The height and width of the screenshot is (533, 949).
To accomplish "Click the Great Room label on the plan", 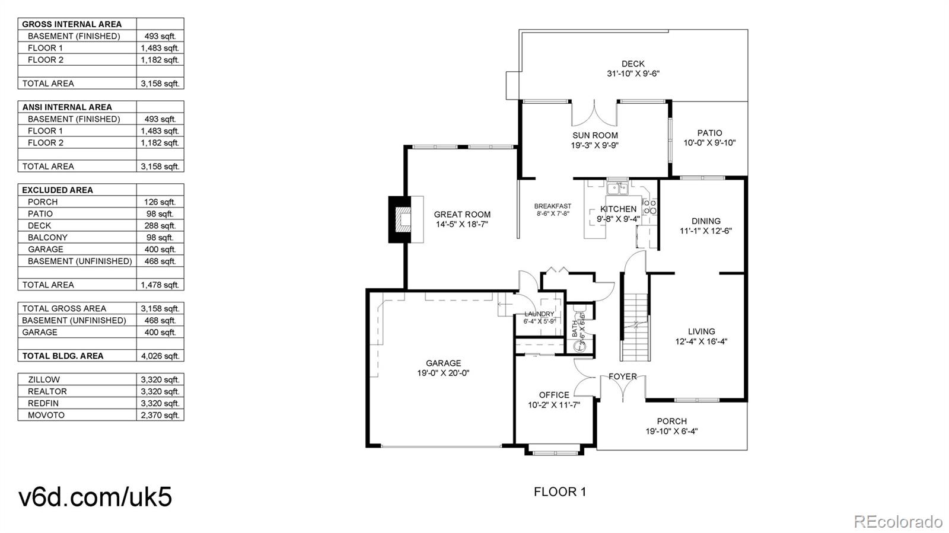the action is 462,214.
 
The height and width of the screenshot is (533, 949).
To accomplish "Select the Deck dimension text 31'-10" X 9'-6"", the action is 633,74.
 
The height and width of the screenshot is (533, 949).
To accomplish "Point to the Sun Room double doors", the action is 594,113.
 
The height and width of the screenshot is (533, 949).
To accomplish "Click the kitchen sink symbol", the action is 617,189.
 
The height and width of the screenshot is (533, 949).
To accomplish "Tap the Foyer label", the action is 623,376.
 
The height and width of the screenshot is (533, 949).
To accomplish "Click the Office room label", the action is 554,395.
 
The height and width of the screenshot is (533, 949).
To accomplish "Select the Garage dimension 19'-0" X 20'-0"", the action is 443,373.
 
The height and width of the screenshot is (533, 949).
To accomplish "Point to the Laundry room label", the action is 539,314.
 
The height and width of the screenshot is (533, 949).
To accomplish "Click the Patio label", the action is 709,133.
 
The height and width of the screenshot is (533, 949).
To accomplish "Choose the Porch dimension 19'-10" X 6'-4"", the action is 671,432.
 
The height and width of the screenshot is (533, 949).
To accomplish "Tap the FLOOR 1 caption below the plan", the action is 560,492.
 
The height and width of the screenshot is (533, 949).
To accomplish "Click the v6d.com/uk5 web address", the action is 95,497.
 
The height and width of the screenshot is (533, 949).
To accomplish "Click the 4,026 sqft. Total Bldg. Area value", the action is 160,356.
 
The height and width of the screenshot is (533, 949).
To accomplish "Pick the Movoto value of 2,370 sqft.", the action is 160,415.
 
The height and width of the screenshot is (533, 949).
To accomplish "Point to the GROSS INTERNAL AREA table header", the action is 72,24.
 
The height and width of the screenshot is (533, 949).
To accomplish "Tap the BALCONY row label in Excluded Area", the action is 47,238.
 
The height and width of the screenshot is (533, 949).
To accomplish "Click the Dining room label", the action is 706,221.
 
